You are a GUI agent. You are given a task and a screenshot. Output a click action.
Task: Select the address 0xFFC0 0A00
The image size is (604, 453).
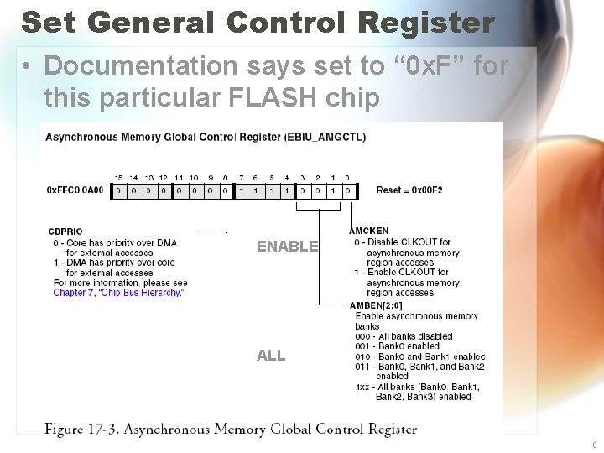75,190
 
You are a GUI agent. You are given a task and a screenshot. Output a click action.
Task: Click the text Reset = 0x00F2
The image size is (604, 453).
409,190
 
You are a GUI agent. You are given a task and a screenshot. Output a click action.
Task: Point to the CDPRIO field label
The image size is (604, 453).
65,232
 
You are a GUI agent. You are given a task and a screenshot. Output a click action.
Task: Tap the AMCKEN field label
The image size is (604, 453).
368,231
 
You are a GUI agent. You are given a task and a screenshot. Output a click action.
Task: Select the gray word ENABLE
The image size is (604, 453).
287,247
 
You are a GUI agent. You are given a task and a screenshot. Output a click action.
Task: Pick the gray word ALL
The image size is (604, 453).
271,356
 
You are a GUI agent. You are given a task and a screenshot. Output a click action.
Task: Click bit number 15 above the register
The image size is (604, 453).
118,178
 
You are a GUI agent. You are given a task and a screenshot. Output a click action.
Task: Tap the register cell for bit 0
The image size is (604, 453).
347,190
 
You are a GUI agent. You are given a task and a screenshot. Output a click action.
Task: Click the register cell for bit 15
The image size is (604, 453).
118,190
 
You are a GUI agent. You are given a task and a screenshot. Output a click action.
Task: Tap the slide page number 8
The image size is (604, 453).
594,445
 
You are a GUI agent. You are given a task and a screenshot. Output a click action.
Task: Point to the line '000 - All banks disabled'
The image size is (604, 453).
404,336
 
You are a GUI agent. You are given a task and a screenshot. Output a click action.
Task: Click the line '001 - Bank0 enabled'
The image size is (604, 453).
397,346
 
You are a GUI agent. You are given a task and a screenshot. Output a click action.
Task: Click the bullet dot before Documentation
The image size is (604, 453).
29,65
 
